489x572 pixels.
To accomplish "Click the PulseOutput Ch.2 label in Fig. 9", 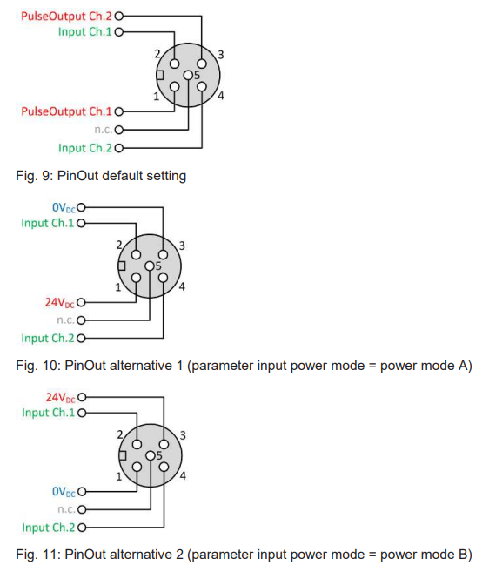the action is click(x=66, y=17).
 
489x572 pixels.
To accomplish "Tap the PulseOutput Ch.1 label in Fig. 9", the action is click(x=66, y=111).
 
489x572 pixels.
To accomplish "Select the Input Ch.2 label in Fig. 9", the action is click(x=85, y=148).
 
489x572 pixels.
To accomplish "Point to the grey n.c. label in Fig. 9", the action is click(x=104, y=130).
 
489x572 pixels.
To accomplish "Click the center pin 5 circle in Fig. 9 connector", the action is click(x=188, y=75).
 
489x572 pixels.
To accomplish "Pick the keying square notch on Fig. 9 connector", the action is click(x=160, y=75).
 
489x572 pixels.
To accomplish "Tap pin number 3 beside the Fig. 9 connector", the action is click(x=221, y=55).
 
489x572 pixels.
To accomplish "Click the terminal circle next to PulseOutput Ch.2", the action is click(x=119, y=17).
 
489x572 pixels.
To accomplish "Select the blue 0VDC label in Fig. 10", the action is click(x=64, y=207).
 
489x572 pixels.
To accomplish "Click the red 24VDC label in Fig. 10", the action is click(x=60, y=302).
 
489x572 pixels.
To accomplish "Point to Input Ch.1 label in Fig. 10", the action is click(x=47, y=223).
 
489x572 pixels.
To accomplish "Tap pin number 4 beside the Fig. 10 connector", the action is click(x=182, y=286).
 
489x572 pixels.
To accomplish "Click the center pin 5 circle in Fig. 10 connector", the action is click(x=150, y=266).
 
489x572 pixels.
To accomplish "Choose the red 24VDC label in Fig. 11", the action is click(x=61, y=397).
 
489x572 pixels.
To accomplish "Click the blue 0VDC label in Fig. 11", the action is click(x=64, y=492).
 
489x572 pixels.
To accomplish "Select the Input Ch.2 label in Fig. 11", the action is click(x=48, y=528).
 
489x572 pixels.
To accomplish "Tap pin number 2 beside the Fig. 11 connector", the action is click(x=120, y=434).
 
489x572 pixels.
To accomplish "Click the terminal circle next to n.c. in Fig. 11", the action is click(x=82, y=509).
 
